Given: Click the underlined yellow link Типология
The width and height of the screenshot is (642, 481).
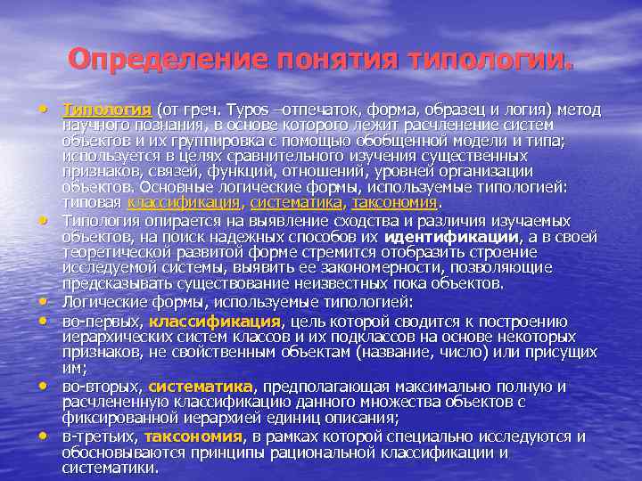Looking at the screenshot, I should click(x=107, y=110).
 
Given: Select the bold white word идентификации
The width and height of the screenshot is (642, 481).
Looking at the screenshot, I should click(x=452, y=237).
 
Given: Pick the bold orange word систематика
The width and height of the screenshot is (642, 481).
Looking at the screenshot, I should click(x=201, y=386).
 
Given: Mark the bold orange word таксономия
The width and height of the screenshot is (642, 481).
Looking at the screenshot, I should click(x=193, y=436).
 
